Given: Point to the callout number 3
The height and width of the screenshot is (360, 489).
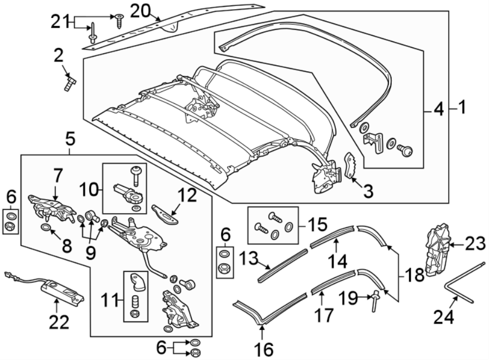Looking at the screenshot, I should (x=368, y=191).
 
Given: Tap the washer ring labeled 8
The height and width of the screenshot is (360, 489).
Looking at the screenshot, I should (x=47, y=226).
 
